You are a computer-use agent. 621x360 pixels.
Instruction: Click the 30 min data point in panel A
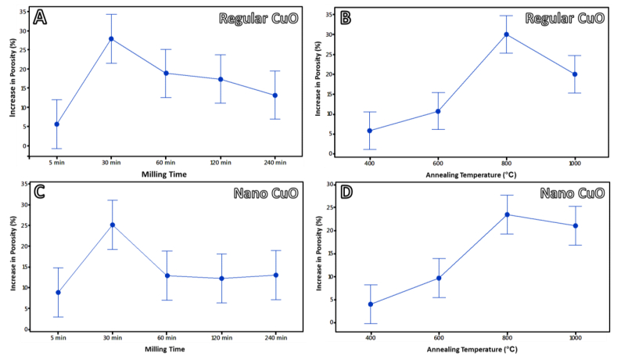111,38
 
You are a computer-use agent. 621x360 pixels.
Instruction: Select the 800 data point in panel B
507,34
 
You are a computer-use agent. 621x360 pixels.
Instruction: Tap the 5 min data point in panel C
57,293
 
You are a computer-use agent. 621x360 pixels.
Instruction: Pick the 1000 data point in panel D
576,225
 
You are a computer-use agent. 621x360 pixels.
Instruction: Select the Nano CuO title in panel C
262,196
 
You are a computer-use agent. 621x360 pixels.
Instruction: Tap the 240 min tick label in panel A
275,162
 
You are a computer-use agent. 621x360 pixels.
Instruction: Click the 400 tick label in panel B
369,163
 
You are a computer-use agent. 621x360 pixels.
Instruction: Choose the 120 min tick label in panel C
221,338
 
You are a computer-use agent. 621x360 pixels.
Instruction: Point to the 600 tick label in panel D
438,338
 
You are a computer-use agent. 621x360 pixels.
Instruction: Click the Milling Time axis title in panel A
165,174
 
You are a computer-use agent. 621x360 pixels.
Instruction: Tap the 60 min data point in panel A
166,73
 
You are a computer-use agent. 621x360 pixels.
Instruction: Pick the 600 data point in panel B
438,111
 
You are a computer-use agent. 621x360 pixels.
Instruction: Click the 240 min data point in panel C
275,275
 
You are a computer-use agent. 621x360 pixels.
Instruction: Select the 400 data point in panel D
369,304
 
